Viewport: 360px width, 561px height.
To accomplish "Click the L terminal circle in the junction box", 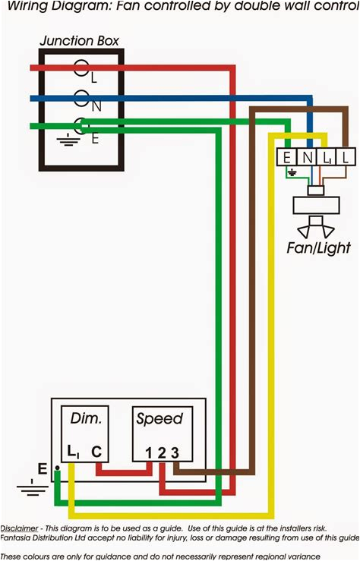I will point(81,68).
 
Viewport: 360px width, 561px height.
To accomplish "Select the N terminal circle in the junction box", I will point(81,97).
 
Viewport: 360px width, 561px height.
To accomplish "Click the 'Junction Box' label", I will point(79,40).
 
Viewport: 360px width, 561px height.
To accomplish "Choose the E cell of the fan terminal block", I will point(286,157).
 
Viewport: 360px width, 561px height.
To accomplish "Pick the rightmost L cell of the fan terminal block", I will point(346,157).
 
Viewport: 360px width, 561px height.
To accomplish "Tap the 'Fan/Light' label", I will point(318,247).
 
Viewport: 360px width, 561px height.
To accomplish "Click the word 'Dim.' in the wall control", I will point(85,418).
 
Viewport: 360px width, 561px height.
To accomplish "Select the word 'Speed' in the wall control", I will point(159,418).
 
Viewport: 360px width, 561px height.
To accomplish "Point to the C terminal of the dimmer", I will point(96,452).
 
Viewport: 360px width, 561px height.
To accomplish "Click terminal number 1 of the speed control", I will point(150,453).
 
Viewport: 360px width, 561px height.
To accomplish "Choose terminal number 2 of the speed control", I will point(161,453).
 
